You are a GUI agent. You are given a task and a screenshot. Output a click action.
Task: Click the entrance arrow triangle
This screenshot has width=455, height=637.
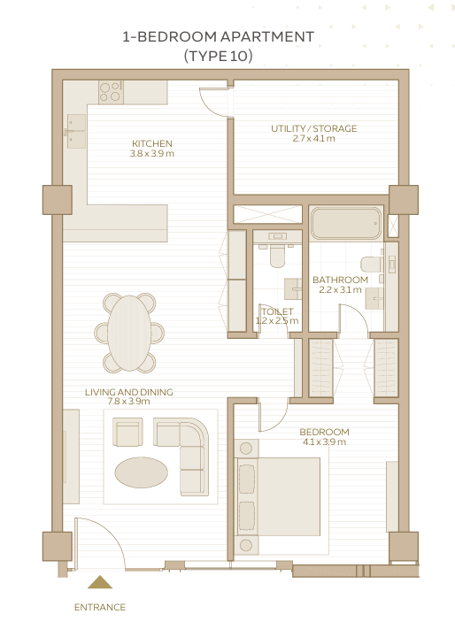pos(100,582)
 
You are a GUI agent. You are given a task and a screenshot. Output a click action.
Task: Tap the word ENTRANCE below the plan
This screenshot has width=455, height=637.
pos(100,607)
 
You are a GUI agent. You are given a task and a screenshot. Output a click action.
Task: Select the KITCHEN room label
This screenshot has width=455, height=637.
pos(152,143)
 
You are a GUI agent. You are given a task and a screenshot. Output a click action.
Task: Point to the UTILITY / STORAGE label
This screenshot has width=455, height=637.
pos(314,128)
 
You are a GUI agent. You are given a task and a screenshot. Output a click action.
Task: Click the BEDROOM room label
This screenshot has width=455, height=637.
pos(324,432)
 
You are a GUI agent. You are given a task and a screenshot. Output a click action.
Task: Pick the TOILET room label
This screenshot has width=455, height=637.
pos(277,311)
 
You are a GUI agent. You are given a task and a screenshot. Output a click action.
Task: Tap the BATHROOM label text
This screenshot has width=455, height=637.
pos(340,280)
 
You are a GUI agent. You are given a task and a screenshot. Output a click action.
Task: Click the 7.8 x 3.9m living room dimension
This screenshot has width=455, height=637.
pos(129,402)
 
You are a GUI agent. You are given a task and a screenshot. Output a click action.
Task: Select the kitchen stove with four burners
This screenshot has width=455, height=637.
pos(111,91)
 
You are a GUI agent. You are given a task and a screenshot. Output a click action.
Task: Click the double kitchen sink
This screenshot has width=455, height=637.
pos(76,131)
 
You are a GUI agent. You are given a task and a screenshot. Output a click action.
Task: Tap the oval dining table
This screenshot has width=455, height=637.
pos(129,334)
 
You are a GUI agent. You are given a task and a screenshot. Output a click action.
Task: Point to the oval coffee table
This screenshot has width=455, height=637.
pos(141,472)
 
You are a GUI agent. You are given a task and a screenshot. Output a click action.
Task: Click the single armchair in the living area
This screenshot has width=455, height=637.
pos(127,433)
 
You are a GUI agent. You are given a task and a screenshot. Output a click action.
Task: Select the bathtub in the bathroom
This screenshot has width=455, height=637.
pos(346,223)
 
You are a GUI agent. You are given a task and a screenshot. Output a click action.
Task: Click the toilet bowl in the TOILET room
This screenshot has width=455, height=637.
pos(277,255)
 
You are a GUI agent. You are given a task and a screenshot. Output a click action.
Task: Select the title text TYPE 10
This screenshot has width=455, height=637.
pos(219,56)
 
